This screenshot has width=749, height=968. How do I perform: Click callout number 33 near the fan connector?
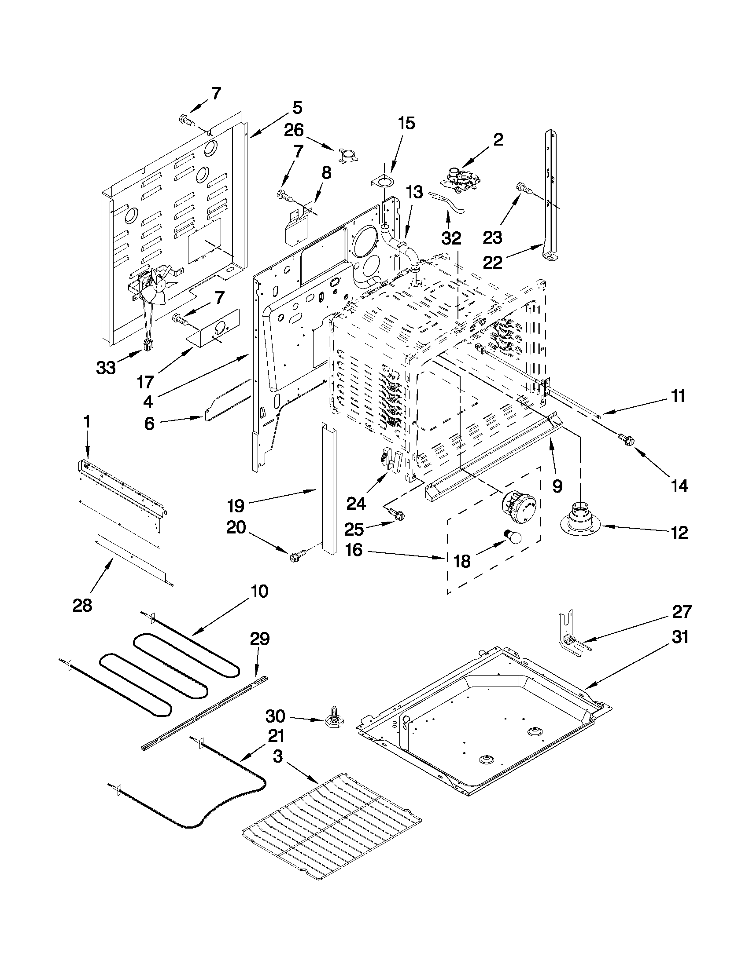[x=106, y=367]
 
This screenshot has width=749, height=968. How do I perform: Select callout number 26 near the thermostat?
[x=294, y=130]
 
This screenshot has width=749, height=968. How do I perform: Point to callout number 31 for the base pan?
[x=680, y=637]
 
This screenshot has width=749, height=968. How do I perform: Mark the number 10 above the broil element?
[x=260, y=591]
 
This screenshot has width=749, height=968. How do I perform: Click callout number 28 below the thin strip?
[x=82, y=605]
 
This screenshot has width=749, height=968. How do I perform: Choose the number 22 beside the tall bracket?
[x=493, y=263]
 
